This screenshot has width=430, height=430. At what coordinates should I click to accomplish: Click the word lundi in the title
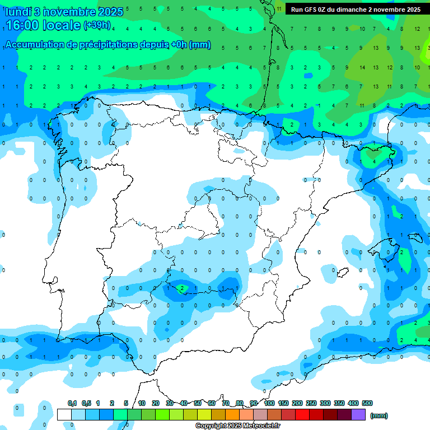click(x=18, y=11)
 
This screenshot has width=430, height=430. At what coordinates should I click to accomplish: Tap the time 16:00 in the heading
click(x=22, y=25)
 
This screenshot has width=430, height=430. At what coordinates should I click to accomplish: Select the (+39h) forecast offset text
click(x=97, y=25)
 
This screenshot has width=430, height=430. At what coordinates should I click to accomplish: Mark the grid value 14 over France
click(x=362, y=67)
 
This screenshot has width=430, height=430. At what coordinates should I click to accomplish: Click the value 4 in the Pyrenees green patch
click(x=375, y=161)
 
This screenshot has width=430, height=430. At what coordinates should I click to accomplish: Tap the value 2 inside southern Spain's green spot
click(x=181, y=289)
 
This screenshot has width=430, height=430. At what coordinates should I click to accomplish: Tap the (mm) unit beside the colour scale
click(x=379, y=416)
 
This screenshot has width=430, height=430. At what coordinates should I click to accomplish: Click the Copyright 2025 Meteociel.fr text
click(x=237, y=426)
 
